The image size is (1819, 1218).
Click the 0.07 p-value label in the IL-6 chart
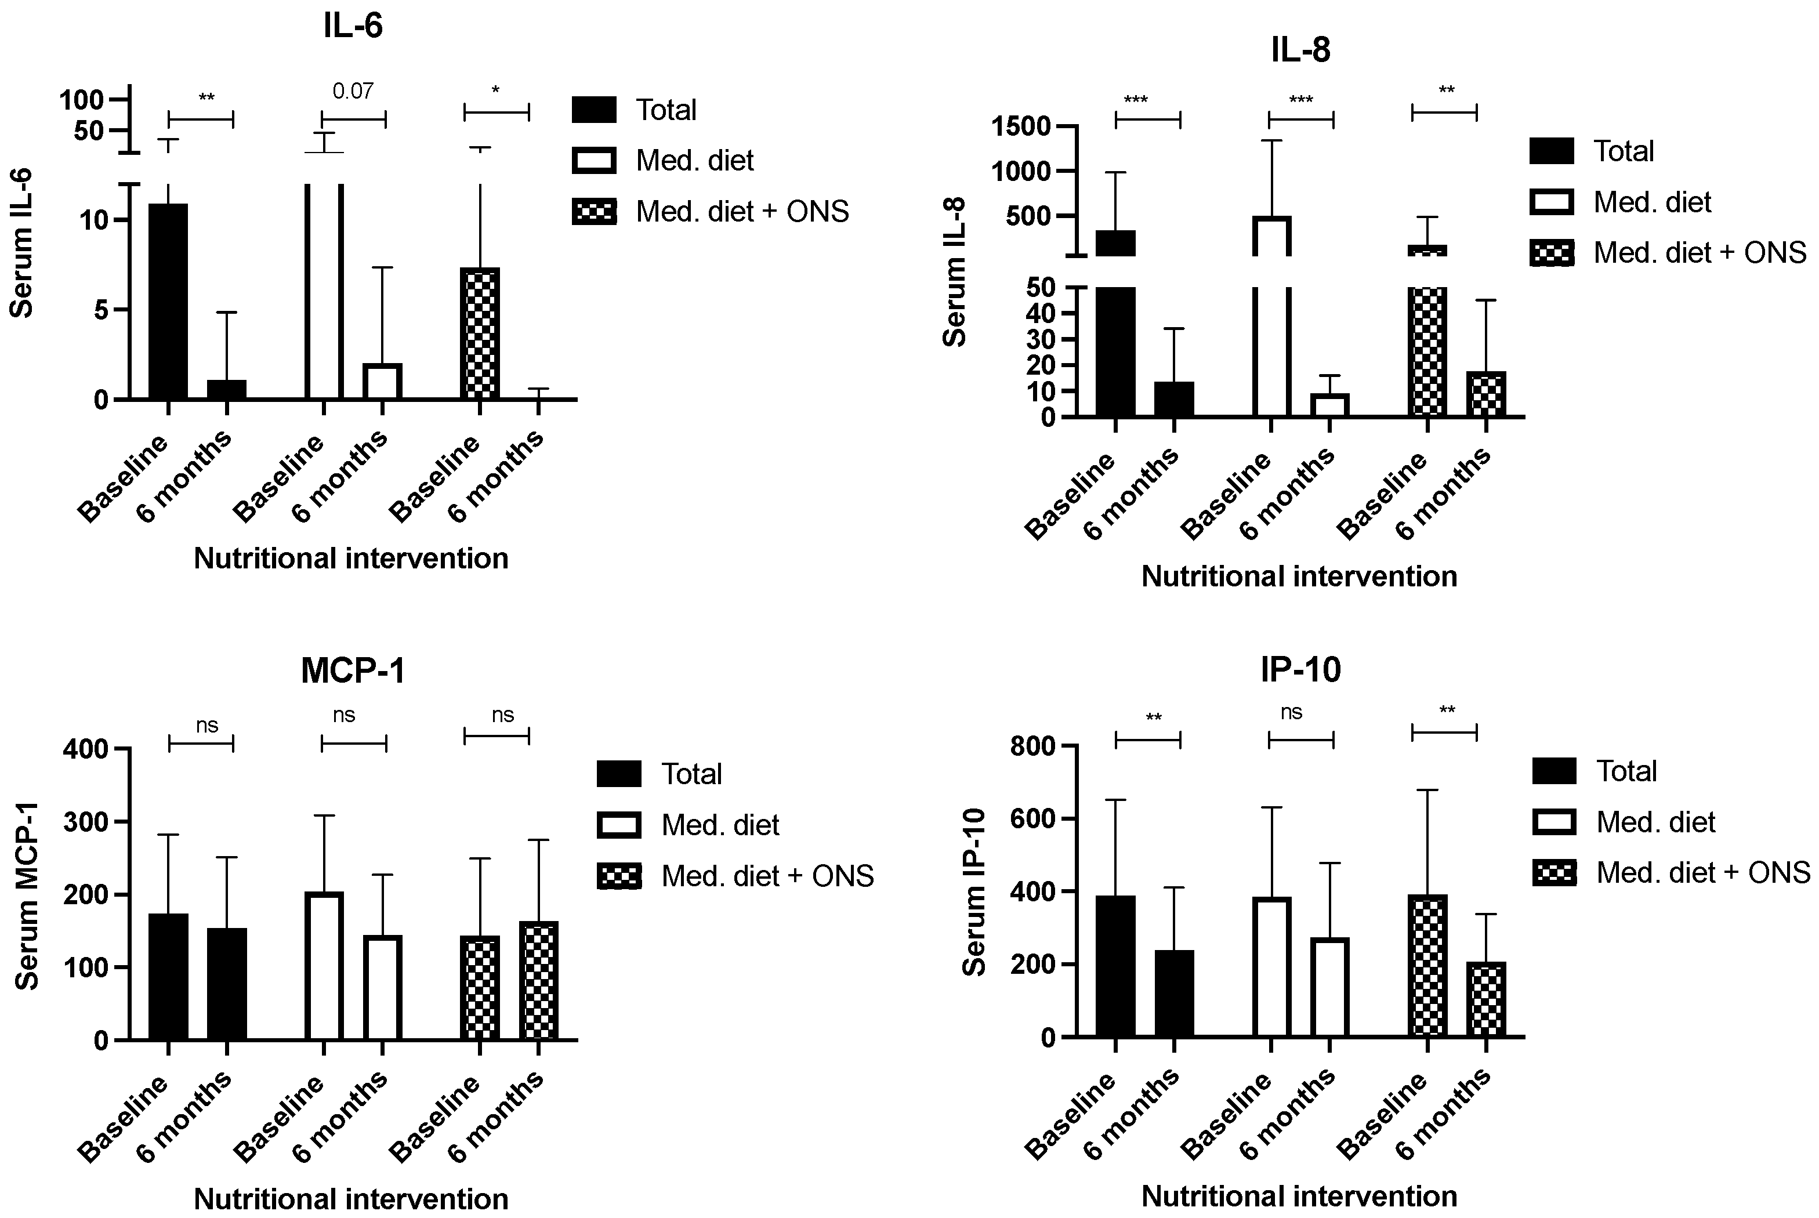point(353,92)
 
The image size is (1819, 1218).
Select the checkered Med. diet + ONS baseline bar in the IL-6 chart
point(480,334)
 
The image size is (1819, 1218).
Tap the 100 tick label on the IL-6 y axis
point(82,99)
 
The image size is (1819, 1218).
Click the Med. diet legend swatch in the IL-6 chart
point(594,161)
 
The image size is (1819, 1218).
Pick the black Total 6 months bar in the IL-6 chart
point(227,390)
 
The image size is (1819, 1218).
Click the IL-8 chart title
point(1300,50)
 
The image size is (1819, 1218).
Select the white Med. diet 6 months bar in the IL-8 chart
point(1329,405)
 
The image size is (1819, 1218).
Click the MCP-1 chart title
point(353,670)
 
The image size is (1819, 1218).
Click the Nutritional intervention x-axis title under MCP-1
point(351,1199)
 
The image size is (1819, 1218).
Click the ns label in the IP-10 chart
point(1291,712)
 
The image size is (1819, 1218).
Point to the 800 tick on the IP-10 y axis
point(1033,746)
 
